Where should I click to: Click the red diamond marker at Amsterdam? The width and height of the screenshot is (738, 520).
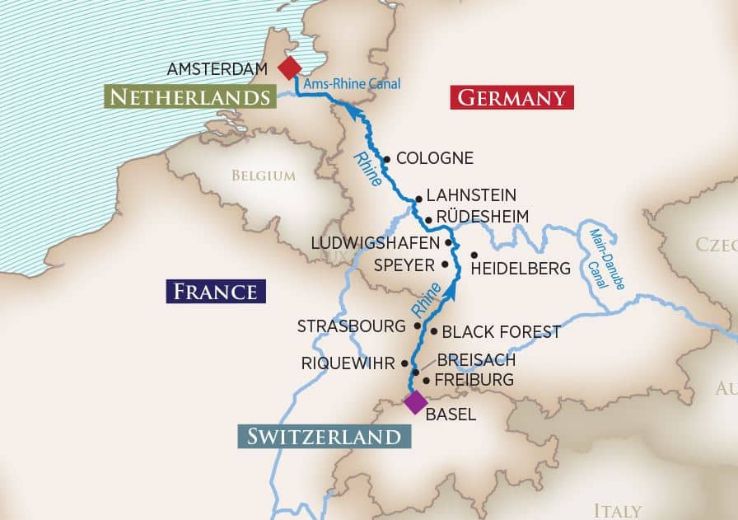pyautogui.click(x=290, y=68)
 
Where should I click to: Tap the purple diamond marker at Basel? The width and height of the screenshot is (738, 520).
pyautogui.click(x=415, y=402)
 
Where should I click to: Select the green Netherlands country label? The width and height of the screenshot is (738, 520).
pyautogui.click(x=189, y=98)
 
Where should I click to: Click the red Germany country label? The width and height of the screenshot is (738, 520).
pyautogui.click(x=511, y=98)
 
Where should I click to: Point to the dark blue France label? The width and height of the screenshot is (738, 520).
pyautogui.click(x=216, y=291)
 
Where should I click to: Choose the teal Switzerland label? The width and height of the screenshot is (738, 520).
pyautogui.click(x=324, y=436)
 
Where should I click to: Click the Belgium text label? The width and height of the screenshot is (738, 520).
pyautogui.click(x=263, y=175)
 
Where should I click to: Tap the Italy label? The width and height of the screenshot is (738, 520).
pyautogui.click(x=617, y=510)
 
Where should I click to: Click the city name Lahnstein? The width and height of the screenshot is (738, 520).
pyautogui.click(x=471, y=195)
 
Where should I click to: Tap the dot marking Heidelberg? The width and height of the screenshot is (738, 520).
pyautogui.click(x=474, y=254)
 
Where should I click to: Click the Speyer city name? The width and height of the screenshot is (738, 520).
pyautogui.click(x=404, y=265)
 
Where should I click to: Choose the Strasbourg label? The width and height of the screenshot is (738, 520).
pyautogui.click(x=352, y=326)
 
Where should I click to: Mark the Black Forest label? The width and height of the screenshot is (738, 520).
pyautogui.click(x=501, y=332)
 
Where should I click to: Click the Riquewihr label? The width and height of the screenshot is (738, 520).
pyautogui.click(x=348, y=363)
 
